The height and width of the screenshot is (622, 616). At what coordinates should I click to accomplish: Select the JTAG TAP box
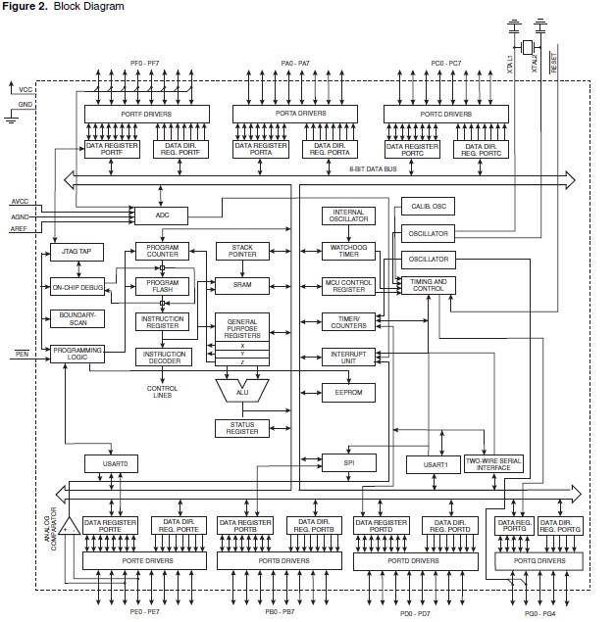(70, 252)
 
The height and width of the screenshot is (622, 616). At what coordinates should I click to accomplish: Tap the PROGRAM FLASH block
(162, 285)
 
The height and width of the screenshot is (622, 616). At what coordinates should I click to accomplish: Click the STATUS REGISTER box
(242, 428)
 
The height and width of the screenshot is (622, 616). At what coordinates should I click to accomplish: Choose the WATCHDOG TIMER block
(348, 251)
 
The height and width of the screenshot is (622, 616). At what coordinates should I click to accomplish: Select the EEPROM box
(348, 392)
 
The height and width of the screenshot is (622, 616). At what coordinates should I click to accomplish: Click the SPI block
(348, 463)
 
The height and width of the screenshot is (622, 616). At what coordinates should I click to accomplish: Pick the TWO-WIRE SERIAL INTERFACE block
(493, 464)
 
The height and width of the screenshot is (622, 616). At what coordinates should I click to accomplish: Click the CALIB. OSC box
(428, 207)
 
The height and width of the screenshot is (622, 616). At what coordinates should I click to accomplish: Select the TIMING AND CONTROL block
(426, 285)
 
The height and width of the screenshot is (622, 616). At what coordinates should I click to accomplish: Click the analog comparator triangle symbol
(70, 526)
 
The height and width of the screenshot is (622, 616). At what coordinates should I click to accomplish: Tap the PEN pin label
(23, 352)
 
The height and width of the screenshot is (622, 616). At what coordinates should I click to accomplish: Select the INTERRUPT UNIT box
(348, 356)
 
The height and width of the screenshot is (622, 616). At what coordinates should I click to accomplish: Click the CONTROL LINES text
(162, 392)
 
